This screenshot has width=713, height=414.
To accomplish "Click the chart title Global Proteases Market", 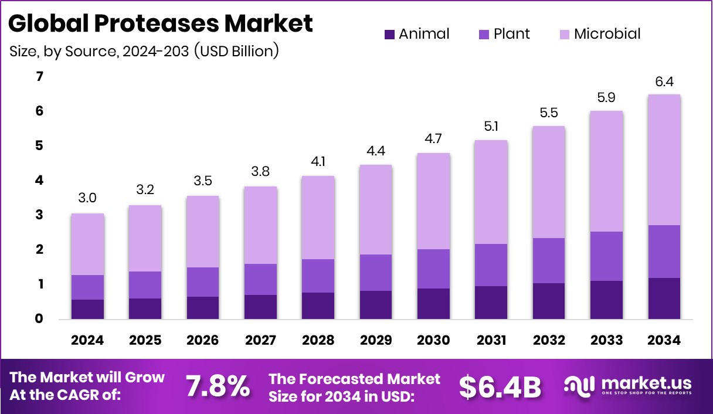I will [161, 23].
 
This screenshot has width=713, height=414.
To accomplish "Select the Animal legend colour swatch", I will [389, 34].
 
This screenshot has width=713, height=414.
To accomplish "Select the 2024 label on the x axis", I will [88, 341].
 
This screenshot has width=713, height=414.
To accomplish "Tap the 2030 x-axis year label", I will [433, 341].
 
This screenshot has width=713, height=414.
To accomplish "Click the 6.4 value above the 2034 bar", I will [664, 82].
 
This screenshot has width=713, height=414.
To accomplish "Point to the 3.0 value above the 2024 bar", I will [88, 199].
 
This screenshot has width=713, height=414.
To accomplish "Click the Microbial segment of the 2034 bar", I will [664, 160].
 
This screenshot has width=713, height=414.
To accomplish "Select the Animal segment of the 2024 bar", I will [88, 309].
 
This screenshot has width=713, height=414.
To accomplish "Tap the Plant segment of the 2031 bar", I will [491, 264].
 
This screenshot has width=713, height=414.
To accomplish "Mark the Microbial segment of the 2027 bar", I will [261, 225].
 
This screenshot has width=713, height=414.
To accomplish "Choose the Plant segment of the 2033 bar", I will [606, 256].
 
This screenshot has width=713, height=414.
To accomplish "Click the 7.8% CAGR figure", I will [218, 386].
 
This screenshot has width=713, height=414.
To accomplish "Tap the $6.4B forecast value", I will [500, 386].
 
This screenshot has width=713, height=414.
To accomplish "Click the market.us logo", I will [628, 386].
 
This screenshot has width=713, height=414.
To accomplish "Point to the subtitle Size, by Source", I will [144, 51].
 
